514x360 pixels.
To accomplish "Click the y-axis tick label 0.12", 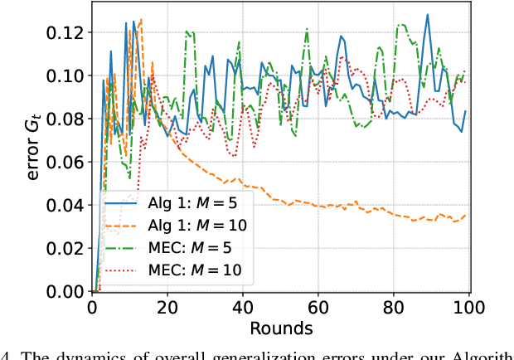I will [x=67, y=32].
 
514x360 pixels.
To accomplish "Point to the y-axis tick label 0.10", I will [x=67, y=75].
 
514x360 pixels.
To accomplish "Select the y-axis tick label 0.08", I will [x=67, y=119].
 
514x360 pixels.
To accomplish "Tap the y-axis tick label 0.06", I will [x=67, y=162].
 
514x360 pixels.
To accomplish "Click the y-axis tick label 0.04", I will [x=67, y=205].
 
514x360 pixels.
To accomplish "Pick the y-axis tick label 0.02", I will [x=67, y=248].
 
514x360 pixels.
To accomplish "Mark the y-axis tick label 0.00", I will [x=67, y=292].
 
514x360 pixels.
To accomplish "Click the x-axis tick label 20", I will [x=167, y=308].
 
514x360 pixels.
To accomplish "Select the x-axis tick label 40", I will [x=243, y=308].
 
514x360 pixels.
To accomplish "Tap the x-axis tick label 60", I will [x=318, y=308].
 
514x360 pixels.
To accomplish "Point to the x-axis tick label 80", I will [x=394, y=308].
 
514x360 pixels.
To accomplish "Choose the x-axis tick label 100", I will [x=469, y=308].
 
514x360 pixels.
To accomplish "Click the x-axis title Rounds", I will [x=280, y=328].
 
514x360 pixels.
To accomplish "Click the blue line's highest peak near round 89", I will [x=428, y=15].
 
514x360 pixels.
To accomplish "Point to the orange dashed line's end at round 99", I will [x=465, y=215].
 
